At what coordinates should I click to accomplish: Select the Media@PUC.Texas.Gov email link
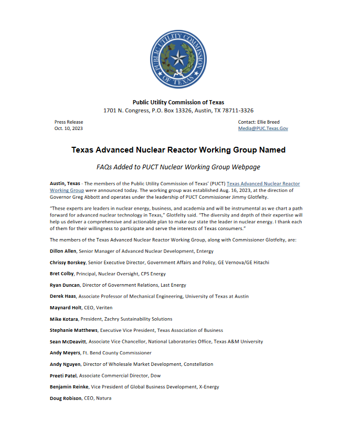[x=263, y=128]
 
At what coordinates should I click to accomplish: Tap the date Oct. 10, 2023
[x=69, y=128]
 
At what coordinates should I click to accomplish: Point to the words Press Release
[x=69, y=122]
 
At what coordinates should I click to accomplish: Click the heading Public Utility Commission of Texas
[x=178, y=102]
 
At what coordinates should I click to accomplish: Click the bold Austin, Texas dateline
[x=65, y=183]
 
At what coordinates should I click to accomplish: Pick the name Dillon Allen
[x=63, y=251]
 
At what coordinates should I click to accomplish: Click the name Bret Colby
[x=62, y=274]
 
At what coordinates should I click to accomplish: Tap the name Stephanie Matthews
[x=73, y=330]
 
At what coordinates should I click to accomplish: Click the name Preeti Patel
[x=62, y=375]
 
